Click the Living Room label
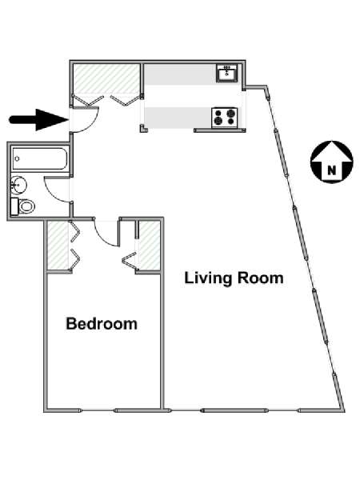pos(234,278)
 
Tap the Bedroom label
pos(102,324)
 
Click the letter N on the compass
pos(332,170)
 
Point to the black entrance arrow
pos(39,119)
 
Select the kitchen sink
pos(227,73)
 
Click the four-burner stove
pos(225,118)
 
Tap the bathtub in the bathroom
pos(39,158)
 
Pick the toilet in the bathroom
pos(23,206)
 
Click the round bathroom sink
pos(18,185)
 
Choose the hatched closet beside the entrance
pos(106,78)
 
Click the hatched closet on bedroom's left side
pos(58,246)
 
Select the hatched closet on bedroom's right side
pos(150,246)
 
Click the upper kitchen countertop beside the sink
pos(180,74)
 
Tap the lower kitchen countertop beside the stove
pos(178,118)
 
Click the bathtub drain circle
pos(18,158)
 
